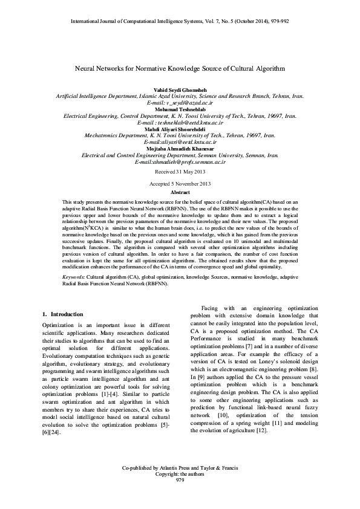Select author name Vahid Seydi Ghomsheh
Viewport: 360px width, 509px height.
pyautogui.click(x=180, y=89)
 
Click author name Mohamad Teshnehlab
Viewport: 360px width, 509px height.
pyautogui.click(x=180, y=109)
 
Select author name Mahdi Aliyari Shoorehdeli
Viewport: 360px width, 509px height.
pyautogui.click(x=180, y=129)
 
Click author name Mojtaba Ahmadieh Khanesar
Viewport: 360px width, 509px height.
pyautogui.click(x=180, y=149)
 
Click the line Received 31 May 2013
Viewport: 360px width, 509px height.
pyautogui.click(x=180, y=171)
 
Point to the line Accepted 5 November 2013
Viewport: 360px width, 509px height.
pyautogui.click(x=180, y=182)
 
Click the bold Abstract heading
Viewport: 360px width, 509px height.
pyautogui.click(x=180, y=191)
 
